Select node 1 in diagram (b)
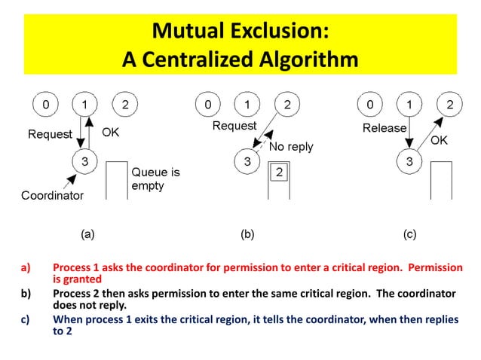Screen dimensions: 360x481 (x=246, y=104)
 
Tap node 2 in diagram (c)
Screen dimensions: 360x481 (x=450, y=104)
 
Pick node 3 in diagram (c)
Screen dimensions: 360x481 (x=409, y=161)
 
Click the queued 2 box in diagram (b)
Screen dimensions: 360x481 (x=278, y=172)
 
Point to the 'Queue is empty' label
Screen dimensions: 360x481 (x=157, y=179)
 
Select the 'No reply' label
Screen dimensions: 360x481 (x=291, y=147)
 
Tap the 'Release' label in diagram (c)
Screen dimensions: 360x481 (x=384, y=128)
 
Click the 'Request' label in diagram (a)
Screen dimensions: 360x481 (x=50, y=135)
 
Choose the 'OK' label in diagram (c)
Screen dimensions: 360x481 (x=439, y=140)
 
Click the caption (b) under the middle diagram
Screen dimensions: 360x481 (x=247, y=234)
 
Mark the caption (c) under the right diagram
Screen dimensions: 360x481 (x=409, y=234)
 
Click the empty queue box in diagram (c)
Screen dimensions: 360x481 (x=440, y=180)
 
